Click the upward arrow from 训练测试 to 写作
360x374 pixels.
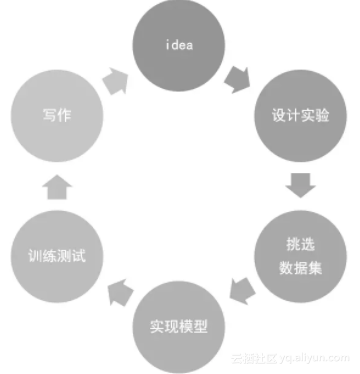pyautogui.click(x=59, y=185)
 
